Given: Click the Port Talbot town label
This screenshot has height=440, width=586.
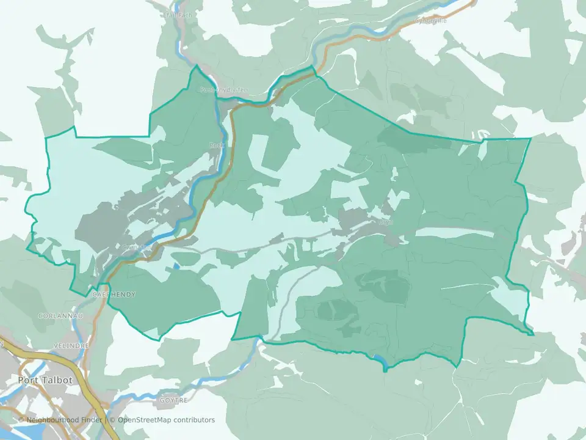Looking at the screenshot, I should [x=45, y=380].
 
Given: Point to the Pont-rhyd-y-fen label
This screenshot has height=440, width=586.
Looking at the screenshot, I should [x=224, y=90].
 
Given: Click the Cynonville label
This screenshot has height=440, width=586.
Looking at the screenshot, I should [x=431, y=20].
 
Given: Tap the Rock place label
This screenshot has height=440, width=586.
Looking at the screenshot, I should [x=217, y=145].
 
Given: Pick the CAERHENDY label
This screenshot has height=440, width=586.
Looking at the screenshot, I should [x=114, y=295].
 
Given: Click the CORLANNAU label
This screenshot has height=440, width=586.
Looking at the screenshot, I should [x=57, y=316].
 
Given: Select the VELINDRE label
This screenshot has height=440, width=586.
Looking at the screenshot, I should [x=71, y=345].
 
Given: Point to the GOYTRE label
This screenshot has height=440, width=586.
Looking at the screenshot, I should [x=172, y=400].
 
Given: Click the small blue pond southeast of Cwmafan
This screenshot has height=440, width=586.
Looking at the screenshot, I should [x=176, y=265].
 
